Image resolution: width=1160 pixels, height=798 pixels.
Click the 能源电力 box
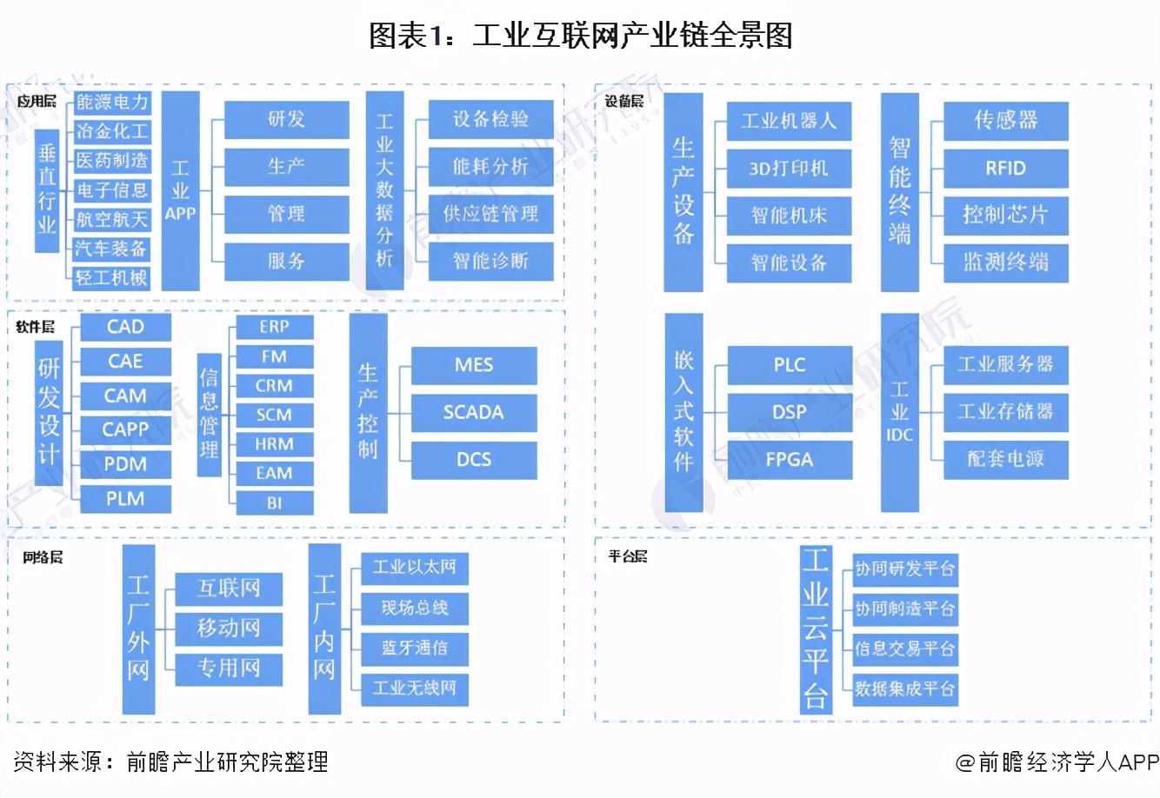(112, 103)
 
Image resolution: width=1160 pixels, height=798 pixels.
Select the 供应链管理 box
(491, 214)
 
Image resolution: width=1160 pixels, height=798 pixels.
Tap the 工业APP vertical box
(180, 191)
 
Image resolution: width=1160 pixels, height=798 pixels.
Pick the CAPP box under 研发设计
(125, 429)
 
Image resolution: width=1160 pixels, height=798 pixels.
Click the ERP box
(274, 327)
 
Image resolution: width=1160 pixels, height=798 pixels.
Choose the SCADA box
(473, 412)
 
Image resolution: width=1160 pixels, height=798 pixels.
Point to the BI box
(274, 502)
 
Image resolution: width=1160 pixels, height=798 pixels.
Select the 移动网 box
(229, 628)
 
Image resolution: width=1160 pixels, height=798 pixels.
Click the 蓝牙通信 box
(414, 648)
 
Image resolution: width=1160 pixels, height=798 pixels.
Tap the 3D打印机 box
(789, 169)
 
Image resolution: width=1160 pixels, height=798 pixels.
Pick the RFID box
(1005, 169)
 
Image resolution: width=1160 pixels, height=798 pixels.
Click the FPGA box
(789, 459)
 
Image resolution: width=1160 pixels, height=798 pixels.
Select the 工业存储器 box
(1005, 411)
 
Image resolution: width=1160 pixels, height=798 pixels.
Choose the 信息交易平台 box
(904, 648)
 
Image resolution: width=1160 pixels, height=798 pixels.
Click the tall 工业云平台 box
(815, 628)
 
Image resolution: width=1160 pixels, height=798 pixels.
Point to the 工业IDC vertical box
(899, 412)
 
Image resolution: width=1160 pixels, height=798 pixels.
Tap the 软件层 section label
(36, 327)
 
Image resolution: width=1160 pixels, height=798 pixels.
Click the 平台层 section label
(627, 556)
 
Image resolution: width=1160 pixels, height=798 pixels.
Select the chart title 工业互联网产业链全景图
(580, 36)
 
